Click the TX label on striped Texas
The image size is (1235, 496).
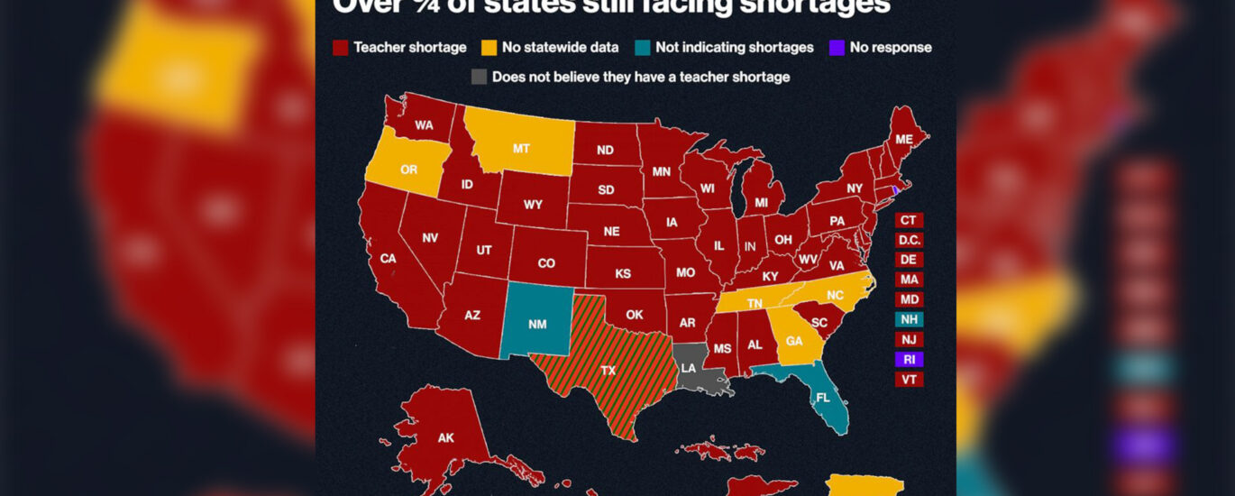tap(608, 371)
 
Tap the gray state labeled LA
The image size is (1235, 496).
tap(689, 368)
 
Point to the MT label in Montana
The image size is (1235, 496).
tap(521, 148)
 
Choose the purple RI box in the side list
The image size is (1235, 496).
tap(909, 359)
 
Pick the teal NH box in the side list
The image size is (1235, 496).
tap(909, 319)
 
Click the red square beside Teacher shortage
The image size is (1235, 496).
tap(340, 48)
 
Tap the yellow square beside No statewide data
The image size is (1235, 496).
tap(489, 48)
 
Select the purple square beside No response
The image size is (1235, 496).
tap(836, 48)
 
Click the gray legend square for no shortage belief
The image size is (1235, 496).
tap(479, 78)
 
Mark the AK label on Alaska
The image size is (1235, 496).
tap(445, 438)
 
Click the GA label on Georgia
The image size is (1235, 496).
tap(794, 342)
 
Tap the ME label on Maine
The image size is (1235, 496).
tap(903, 138)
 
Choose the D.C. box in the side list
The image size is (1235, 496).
tap(909, 240)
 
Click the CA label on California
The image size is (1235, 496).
tap(388, 259)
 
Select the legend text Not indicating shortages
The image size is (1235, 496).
tap(734, 48)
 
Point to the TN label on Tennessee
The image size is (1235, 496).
tap(755, 303)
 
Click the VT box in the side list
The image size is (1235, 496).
tap(909, 380)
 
